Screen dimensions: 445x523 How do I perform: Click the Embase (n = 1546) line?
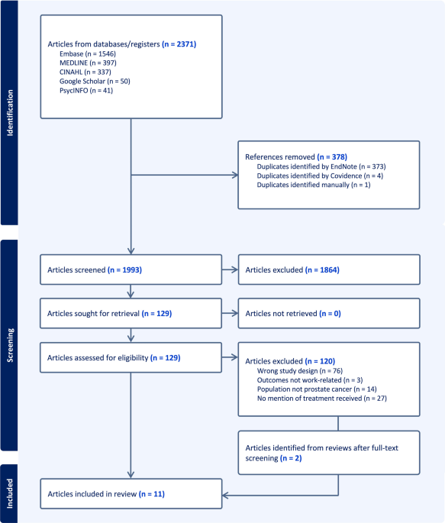pyautogui.click(x=88, y=53)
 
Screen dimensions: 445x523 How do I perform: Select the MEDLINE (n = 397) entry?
pyautogui.click(x=88, y=63)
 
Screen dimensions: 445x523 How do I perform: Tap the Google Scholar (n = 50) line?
pyautogui.click(x=95, y=82)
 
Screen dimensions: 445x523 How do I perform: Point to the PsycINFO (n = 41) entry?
pyautogui.click(x=86, y=90)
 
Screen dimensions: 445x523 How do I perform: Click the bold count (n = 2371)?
pyautogui.click(x=179, y=44)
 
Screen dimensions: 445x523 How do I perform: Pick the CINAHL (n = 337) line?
pyautogui.click(x=85, y=72)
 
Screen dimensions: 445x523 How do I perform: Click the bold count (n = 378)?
pyautogui.click(x=332, y=157)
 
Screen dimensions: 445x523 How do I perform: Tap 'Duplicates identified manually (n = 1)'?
pyautogui.click(x=314, y=185)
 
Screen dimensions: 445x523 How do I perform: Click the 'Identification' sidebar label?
pyautogui.click(x=10, y=113)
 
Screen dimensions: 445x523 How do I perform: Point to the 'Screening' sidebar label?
pyautogui.click(x=10, y=345)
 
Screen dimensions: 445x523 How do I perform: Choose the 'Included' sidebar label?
pyautogui.click(x=10, y=494)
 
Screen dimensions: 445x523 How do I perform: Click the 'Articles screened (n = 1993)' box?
pyautogui.click(x=131, y=270)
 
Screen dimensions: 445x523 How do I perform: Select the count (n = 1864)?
pyautogui.click(x=322, y=270)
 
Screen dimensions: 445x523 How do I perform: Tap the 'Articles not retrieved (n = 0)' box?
pyautogui.click(x=329, y=313)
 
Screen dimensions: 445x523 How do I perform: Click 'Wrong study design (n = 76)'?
pyautogui.click(x=300, y=371)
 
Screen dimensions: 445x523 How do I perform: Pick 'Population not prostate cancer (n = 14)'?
pyautogui.click(x=317, y=389)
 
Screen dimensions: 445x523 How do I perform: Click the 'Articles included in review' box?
pyautogui.click(x=131, y=494)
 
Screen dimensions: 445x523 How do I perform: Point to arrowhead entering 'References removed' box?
pyautogui.click(x=235, y=175)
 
